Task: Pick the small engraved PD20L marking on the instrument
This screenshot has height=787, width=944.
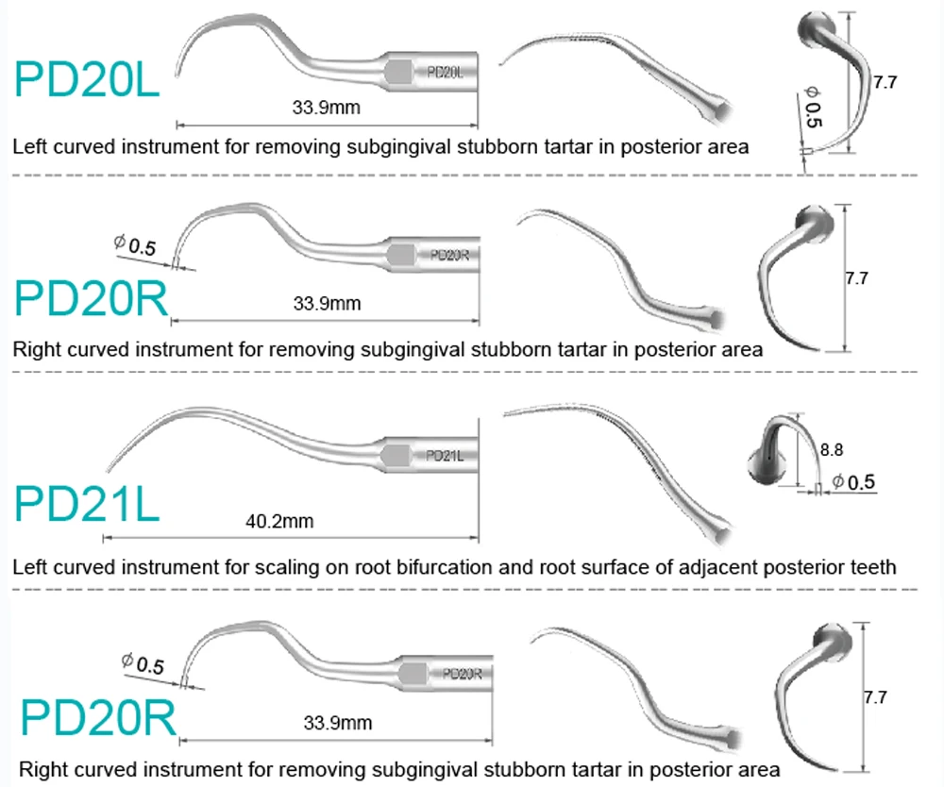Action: (446, 72)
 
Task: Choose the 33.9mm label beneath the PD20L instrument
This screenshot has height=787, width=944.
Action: (326, 108)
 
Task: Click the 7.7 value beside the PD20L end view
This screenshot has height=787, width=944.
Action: (885, 82)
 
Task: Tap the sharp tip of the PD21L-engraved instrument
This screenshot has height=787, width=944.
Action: (105, 470)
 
